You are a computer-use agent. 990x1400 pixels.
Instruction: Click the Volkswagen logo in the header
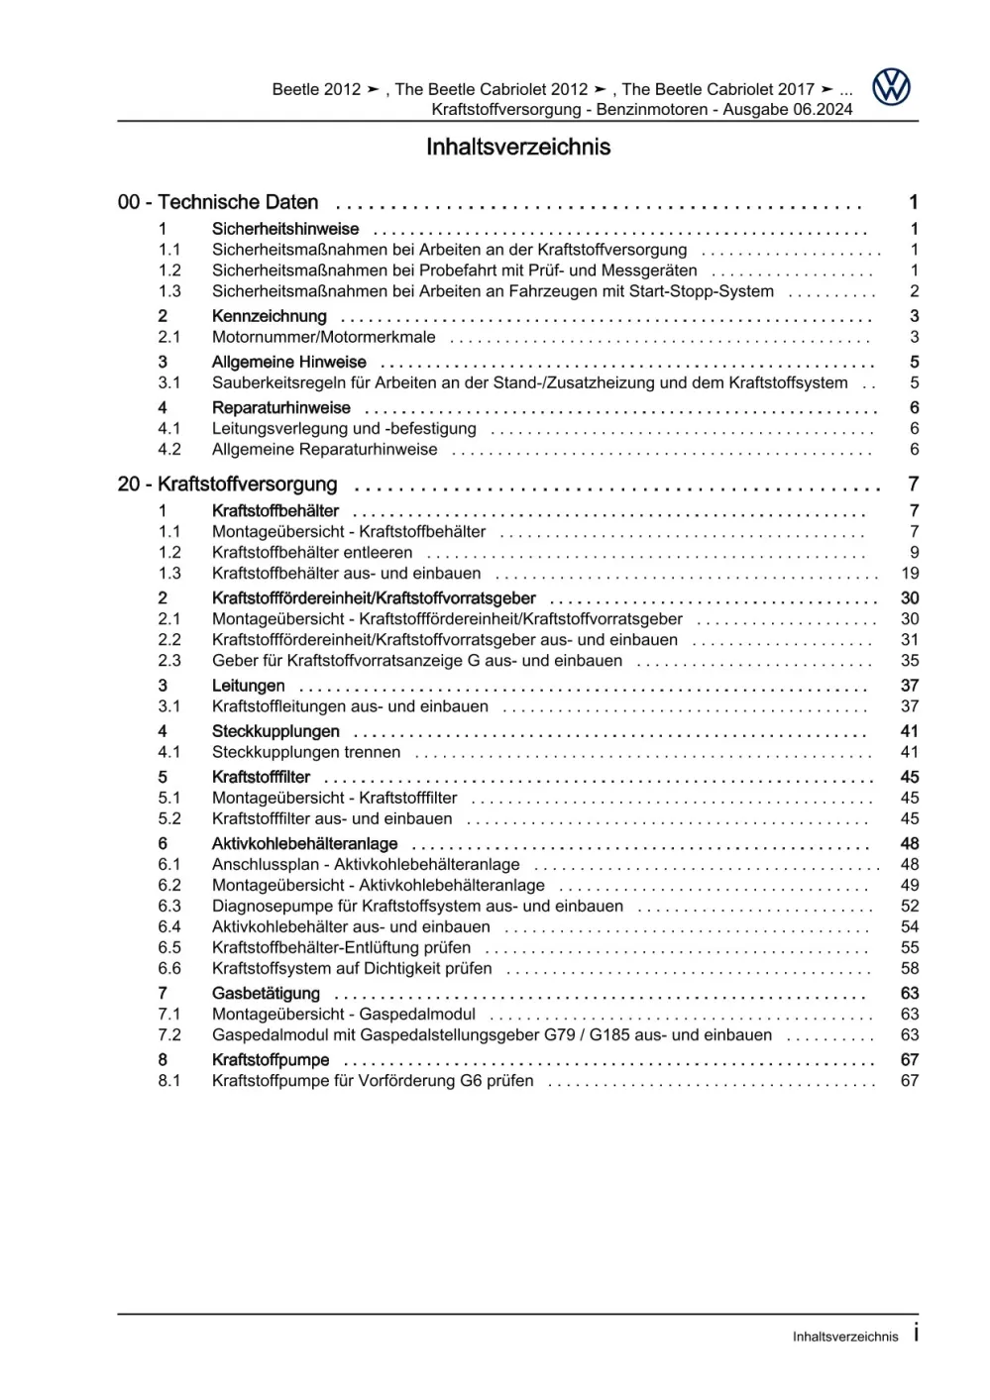click(x=891, y=87)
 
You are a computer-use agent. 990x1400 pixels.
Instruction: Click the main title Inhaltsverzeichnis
click(x=517, y=147)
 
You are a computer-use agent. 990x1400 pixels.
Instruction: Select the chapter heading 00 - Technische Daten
click(x=218, y=202)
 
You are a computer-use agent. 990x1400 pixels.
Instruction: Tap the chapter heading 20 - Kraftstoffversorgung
click(x=227, y=485)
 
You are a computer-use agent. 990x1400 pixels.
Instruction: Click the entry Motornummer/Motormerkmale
click(x=323, y=337)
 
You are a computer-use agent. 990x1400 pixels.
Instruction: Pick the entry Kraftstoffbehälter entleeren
click(x=311, y=553)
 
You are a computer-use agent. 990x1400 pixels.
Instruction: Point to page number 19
click(x=910, y=574)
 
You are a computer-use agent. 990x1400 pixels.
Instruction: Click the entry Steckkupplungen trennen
click(x=306, y=752)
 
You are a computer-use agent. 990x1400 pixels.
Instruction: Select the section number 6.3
click(x=169, y=906)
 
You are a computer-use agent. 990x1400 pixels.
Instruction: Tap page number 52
click(x=910, y=906)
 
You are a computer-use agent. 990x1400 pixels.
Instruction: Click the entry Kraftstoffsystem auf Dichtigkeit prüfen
click(x=352, y=968)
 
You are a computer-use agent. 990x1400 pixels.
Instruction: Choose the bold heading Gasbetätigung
click(x=266, y=993)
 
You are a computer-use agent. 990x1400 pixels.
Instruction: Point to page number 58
click(x=910, y=968)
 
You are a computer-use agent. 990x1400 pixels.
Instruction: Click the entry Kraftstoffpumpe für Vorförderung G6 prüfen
click(x=373, y=1081)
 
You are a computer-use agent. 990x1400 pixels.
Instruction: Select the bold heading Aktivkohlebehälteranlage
click(x=304, y=843)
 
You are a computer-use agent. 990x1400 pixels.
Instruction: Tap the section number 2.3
click(x=169, y=661)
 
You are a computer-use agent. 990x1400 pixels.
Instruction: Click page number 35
click(x=910, y=661)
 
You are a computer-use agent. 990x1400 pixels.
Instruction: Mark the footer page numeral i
click(x=916, y=1333)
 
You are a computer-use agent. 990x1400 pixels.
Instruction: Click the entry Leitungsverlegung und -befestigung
click(x=344, y=429)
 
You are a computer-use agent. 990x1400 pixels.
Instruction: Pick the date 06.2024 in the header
click(x=822, y=109)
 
